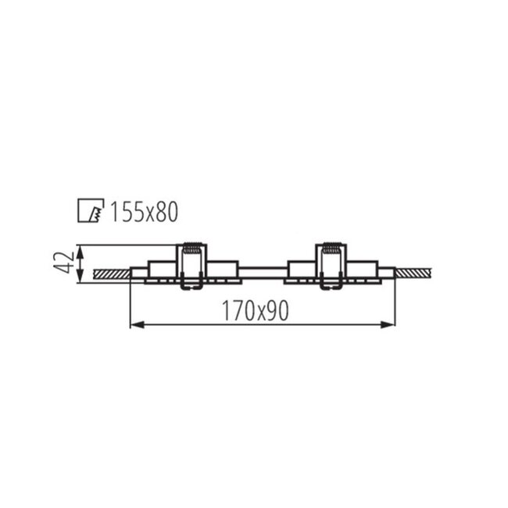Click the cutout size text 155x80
145,212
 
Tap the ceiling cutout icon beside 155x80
91,211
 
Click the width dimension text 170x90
255,311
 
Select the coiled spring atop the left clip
192,250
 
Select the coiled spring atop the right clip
331,250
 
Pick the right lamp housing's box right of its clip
361,268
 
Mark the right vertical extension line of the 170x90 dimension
395,301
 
